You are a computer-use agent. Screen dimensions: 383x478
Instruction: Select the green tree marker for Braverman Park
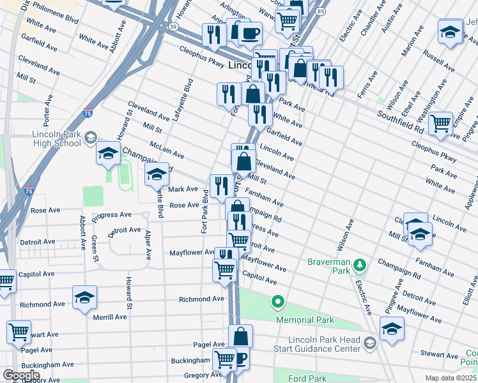point(360,264)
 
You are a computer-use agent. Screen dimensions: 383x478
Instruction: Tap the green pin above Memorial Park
point(278,301)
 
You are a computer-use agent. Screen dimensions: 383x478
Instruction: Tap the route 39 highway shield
point(173,26)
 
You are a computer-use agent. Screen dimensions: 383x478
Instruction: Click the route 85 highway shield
point(319,11)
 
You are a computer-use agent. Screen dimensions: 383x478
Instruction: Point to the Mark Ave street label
point(183,190)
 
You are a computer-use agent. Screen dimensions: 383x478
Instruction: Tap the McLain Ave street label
point(167,151)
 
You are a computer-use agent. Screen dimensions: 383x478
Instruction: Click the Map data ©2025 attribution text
point(451,378)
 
